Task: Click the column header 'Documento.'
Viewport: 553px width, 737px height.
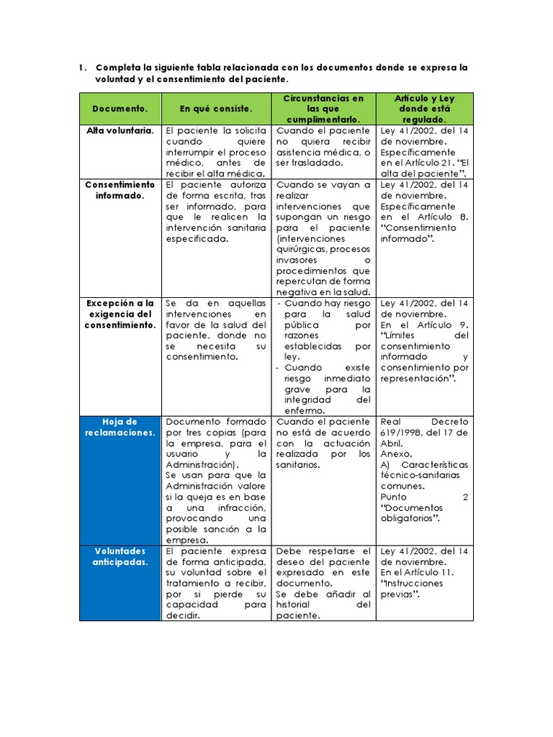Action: pos(120,109)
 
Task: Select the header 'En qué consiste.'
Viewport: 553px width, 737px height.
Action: pos(216,109)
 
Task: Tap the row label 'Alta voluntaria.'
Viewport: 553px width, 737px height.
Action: pos(120,131)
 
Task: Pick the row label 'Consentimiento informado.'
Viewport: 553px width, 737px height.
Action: pos(120,190)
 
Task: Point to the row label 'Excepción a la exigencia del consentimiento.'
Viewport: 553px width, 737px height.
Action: pos(120,314)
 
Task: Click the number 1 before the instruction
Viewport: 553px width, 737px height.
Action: pos(81,68)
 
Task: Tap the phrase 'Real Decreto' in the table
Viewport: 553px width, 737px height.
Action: pos(424,422)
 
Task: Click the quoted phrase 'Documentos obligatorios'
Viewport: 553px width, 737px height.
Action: pos(410,513)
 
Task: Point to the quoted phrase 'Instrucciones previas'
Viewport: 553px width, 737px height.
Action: pos(411,589)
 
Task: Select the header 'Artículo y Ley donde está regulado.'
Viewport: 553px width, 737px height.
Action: pos(424,109)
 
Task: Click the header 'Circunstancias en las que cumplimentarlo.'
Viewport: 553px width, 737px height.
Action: pos(323,109)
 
